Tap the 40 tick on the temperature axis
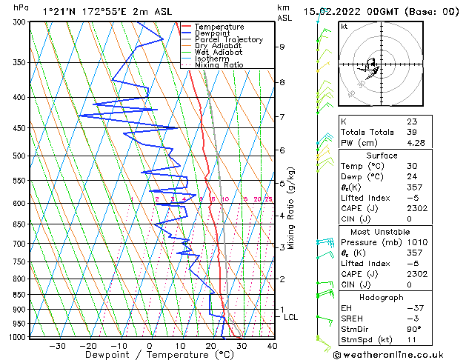tap(272, 346)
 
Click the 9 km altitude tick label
tap(282, 47)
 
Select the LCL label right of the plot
tap(290, 317)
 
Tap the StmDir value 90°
tap(414, 330)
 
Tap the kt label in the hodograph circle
tap(344, 27)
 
